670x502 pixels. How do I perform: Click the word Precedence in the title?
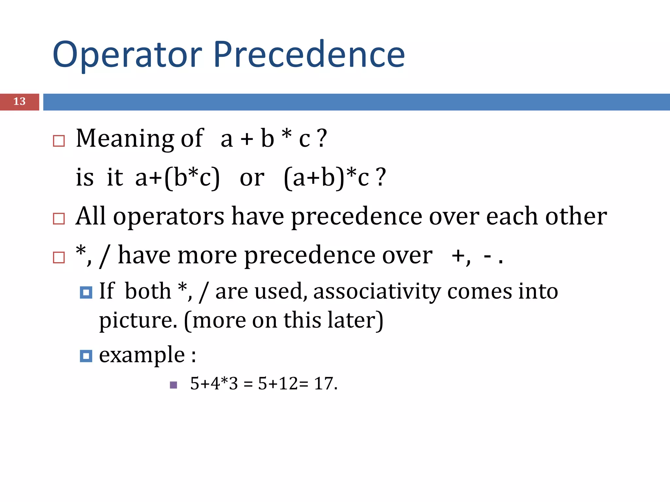[x=309, y=54]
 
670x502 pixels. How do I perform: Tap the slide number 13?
[x=19, y=102]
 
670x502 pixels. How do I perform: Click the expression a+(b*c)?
[x=178, y=177]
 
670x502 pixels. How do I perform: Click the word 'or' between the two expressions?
[x=252, y=178]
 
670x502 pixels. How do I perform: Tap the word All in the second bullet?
[x=91, y=216]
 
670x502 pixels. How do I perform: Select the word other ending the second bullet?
[x=576, y=216]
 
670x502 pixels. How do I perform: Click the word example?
[x=142, y=355]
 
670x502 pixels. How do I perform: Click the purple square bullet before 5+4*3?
[x=174, y=385]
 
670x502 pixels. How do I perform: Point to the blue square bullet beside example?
[x=86, y=356]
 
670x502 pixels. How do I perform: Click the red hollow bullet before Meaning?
[x=59, y=141]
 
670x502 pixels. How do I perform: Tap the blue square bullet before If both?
[x=86, y=293]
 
